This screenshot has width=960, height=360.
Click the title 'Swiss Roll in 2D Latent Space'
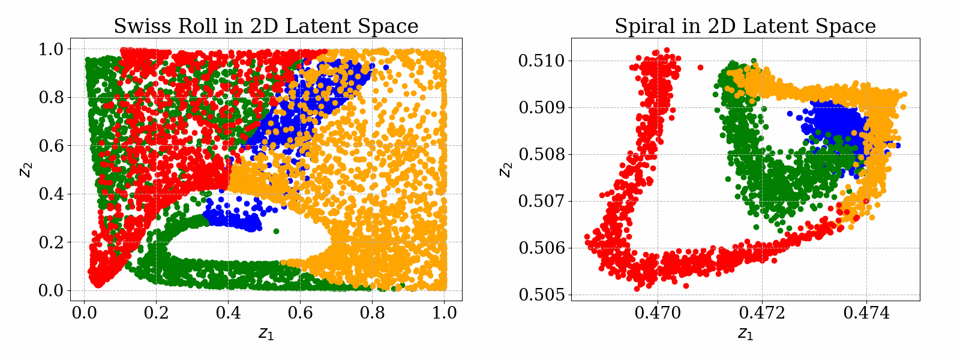266,26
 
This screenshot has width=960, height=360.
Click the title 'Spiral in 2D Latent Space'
745,26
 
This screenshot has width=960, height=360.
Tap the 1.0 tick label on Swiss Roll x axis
444,313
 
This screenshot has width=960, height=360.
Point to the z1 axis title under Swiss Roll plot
266,334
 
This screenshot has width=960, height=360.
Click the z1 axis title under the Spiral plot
745,334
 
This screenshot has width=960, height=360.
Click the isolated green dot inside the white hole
276,231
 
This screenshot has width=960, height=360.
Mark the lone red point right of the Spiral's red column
700,68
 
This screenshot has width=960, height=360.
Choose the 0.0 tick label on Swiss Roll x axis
84,313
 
